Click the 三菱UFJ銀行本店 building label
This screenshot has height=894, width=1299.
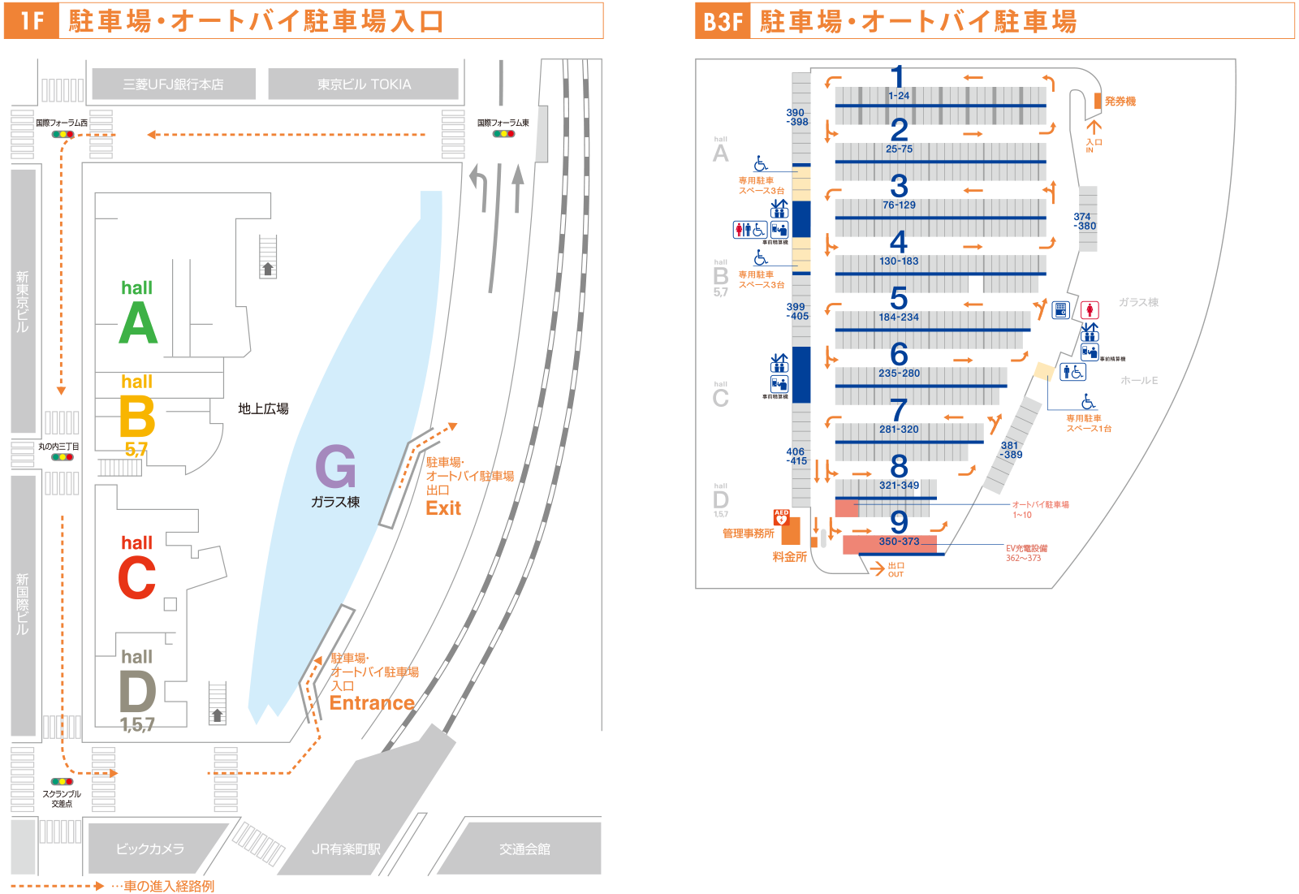click(x=173, y=84)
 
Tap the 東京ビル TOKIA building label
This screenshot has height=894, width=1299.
click(x=364, y=84)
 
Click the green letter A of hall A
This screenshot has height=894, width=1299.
click(x=138, y=324)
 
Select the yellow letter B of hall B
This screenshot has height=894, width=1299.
click(x=136, y=417)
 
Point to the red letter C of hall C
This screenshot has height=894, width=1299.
click(x=136, y=578)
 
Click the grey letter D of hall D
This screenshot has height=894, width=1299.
click(x=137, y=693)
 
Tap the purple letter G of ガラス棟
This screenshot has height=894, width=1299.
click(x=335, y=467)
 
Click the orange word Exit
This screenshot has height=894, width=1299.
click(x=443, y=509)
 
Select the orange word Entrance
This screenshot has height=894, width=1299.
click(x=372, y=703)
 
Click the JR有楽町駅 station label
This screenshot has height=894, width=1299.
click(x=346, y=849)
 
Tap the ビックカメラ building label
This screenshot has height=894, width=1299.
click(x=150, y=849)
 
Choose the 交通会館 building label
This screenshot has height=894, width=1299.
click(x=524, y=849)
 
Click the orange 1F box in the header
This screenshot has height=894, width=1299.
click(x=32, y=20)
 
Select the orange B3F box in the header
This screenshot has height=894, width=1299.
click(x=723, y=20)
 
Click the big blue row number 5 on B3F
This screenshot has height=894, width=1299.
click(x=898, y=297)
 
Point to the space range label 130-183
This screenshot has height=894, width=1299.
click(x=899, y=261)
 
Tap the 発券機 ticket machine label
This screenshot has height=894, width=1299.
click(x=1120, y=101)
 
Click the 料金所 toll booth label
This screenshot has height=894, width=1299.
click(x=789, y=557)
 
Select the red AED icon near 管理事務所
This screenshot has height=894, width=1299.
click(x=781, y=517)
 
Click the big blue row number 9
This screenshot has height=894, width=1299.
click(x=898, y=521)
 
